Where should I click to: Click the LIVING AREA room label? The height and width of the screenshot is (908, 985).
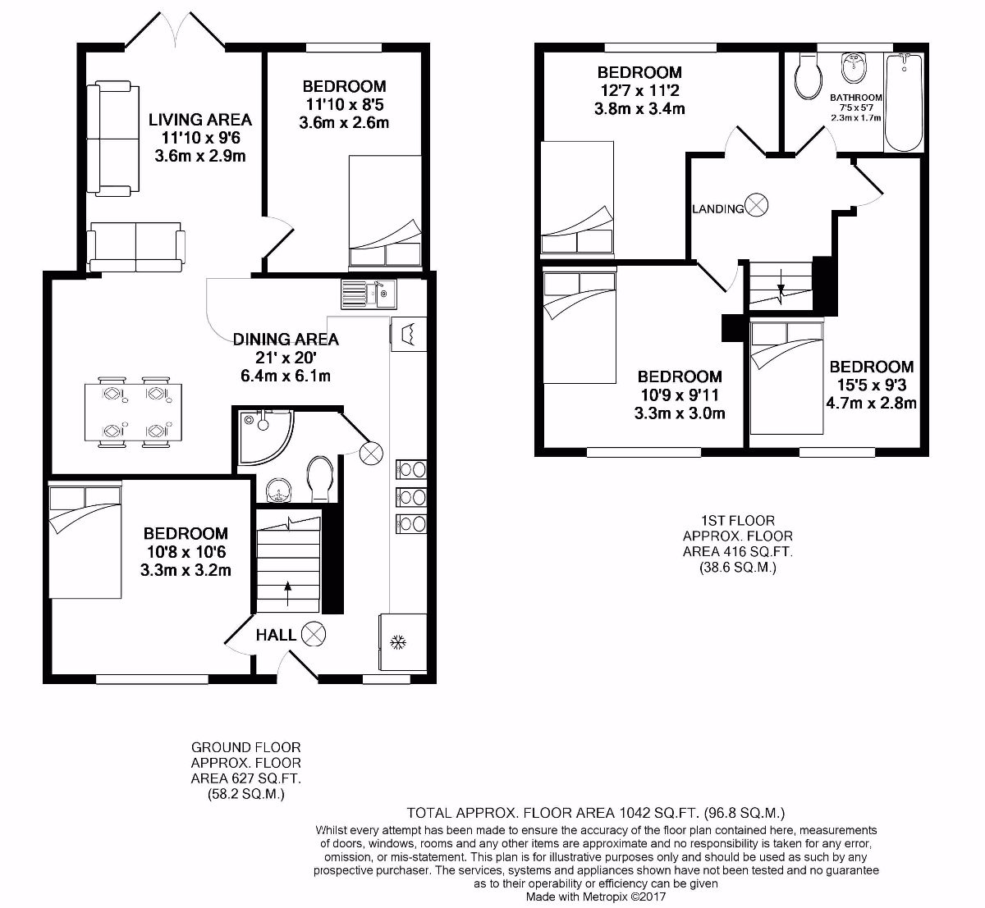pos(199,120)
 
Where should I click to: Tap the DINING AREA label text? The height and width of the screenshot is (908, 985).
pos(285,340)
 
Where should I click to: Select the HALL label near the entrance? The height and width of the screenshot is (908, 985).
pos(276,635)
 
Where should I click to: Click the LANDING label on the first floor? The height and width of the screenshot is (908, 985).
pos(718,208)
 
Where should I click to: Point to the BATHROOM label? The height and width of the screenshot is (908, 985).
pos(855,98)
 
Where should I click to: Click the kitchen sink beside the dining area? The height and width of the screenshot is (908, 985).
pos(369,292)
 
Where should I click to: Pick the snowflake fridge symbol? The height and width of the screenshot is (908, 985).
pos(401,642)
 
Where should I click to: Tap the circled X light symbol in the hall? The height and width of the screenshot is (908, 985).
pos(313,634)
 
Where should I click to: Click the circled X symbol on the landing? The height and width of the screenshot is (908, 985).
pos(756,206)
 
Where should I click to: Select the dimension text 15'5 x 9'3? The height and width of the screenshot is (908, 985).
pos(871,385)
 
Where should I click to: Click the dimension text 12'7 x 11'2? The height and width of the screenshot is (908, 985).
pos(639,90)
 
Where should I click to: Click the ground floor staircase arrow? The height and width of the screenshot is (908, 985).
pos(287,587)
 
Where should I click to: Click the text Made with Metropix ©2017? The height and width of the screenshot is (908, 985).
pos(596,897)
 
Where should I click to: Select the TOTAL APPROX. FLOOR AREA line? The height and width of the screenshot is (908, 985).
pos(596,813)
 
